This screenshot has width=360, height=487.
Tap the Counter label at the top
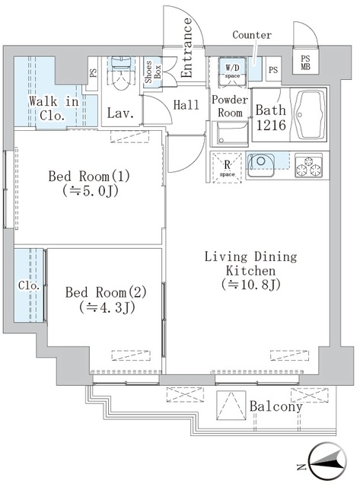(252, 35)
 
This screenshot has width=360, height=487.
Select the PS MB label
(306, 63)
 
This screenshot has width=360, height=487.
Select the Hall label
(186, 107)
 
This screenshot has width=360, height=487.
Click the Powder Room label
(228, 107)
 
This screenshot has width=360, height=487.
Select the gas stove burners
(308, 164)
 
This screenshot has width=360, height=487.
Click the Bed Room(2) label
(105, 299)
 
